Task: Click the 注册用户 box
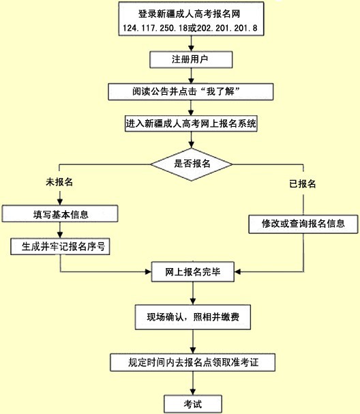191,59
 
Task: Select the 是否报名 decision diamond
192,164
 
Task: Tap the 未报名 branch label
59,182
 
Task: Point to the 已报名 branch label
303,183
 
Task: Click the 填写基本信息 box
60,213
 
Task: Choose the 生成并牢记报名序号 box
60,247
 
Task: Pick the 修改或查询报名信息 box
303,224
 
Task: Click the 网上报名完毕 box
193,271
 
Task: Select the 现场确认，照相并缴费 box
193,317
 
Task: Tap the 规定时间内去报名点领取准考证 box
193,363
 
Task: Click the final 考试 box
193,404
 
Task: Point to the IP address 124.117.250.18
155,28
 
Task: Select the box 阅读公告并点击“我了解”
190,91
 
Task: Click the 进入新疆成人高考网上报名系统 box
191,123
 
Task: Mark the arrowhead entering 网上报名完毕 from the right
237,271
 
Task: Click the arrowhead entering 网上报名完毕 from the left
149,271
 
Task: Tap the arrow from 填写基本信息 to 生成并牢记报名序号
60,230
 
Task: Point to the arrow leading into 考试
193,383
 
